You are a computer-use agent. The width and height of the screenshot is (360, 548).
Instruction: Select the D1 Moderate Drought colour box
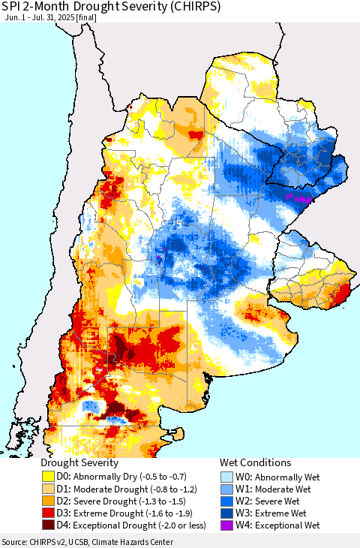50,489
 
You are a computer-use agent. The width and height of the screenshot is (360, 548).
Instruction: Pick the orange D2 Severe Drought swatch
50,501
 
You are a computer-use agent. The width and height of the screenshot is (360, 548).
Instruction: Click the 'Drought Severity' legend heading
79,463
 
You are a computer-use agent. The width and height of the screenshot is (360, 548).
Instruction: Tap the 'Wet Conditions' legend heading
255,463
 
